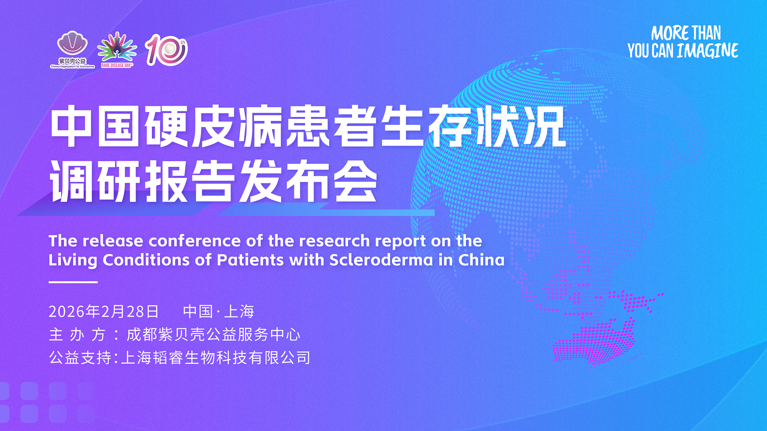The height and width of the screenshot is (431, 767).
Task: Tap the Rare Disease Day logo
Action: click(x=116, y=50)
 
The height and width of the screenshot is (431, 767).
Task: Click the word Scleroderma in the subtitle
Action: click(x=381, y=260)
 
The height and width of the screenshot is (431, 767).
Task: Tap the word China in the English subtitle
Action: click(x=481, y=260)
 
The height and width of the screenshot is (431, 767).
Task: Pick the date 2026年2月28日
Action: click(x=103, y=312)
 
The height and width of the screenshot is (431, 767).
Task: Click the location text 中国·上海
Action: click(x=219, y=312)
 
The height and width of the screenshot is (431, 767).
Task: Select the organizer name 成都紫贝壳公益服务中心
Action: click(x=213, y=335)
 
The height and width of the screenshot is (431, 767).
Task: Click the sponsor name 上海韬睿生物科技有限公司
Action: click(x=215, y=358)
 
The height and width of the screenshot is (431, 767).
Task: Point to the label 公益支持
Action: click(x=80, y=358)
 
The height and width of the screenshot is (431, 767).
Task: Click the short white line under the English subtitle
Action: click(x=73, y=282)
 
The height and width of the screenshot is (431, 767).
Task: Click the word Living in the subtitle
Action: click(x=73, y=260)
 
